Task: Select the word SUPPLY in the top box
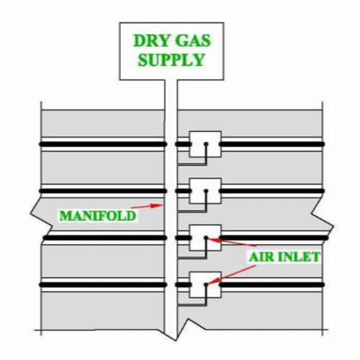[x=171, y=60]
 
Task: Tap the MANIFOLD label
[x=98, y=215]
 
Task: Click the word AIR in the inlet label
[x=261, y=257]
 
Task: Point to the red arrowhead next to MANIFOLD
[x=156, y=205]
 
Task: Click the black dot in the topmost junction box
[x=206, y=144]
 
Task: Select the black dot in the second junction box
[x=206, y=191]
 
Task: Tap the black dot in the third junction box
[x=206, y=238]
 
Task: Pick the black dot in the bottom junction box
[x=206, y=284]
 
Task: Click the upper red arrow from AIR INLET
[x=232, y=242]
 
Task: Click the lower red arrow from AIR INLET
[x=232, y=274]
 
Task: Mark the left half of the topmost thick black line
[x=103, y=144]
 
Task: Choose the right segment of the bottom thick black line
[x=271, y=285]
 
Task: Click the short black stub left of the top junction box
[x=184, y=144]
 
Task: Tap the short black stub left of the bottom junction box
[x=184, y=285]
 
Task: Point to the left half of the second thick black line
[x=103, y=191]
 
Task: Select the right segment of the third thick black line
[x=274, y=238]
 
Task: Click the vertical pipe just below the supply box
[x=171, y=95]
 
